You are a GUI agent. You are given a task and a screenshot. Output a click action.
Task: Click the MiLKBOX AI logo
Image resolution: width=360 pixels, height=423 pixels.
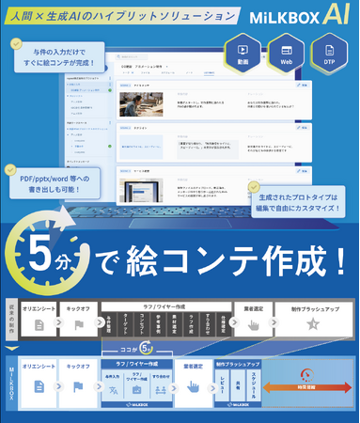(302, 15)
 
